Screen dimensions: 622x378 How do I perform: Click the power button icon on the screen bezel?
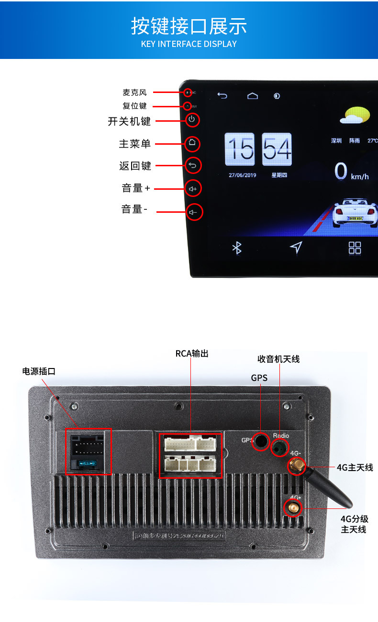(192, 119)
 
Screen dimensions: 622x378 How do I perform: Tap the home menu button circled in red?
(192, 142)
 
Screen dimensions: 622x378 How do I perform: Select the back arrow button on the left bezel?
(192, 165)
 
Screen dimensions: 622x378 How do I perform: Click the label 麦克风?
(134, 92)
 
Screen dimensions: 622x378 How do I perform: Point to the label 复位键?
(134, 106)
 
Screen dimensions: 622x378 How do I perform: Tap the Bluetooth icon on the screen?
(237, 248)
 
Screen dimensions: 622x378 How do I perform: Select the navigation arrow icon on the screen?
(296, 247)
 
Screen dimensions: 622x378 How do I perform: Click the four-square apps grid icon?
(355, 248)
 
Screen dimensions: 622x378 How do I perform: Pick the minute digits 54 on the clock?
(277, 149)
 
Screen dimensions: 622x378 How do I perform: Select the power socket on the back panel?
(88, 451)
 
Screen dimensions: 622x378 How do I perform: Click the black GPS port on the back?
(261, 441)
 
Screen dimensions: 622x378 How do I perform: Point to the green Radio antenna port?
(280, 448)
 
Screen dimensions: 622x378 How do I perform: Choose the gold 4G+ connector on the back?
(292, 507)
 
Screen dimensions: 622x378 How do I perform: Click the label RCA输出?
(192, 354)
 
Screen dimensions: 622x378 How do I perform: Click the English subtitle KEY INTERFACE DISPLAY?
(189, 44)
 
